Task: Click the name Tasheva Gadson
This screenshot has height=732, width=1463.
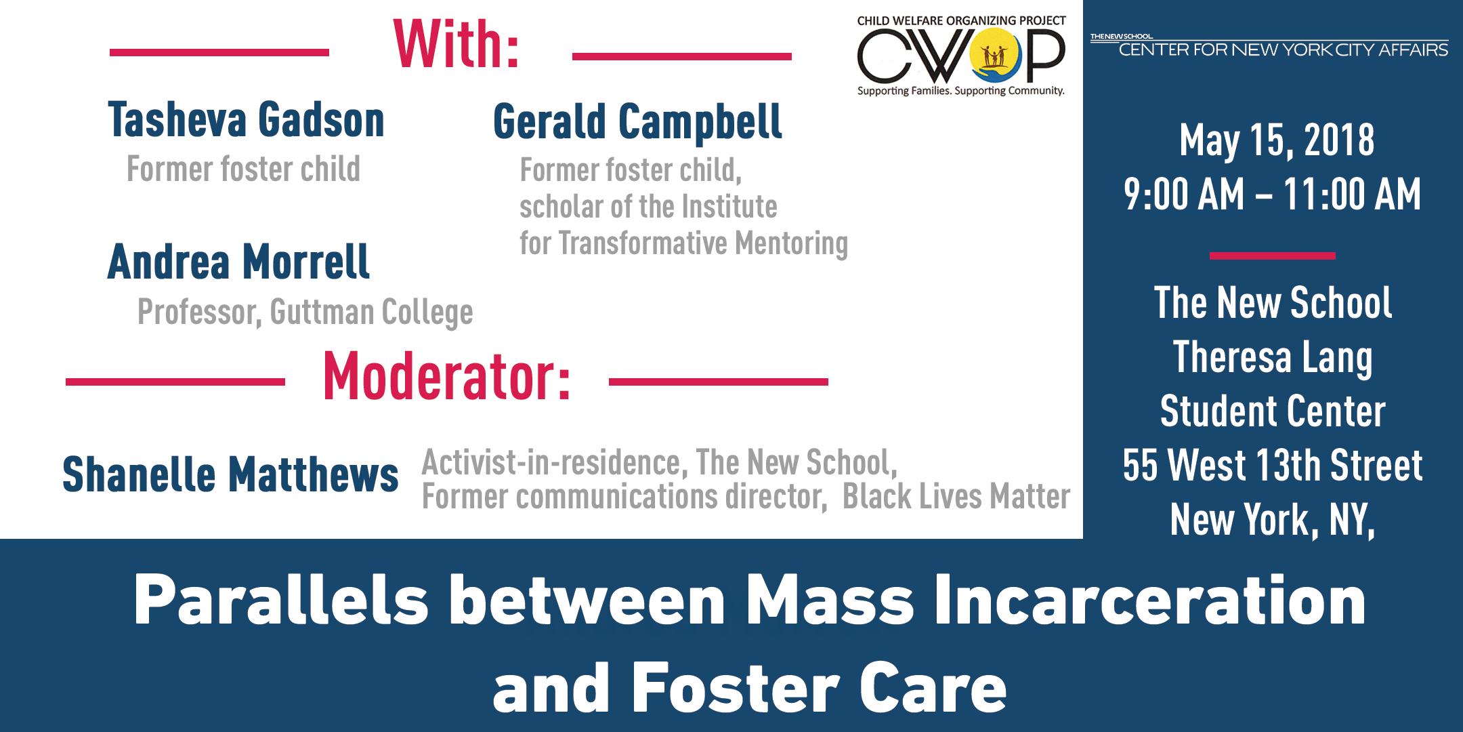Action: [246, 121]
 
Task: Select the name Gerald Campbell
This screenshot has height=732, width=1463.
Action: [637, 123]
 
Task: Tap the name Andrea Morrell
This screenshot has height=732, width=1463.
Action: [238, 262]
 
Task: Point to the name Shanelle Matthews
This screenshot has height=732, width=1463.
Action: [230, 474]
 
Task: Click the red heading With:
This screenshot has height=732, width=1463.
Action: [456, 45]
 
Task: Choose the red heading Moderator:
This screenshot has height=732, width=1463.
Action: [446, 378]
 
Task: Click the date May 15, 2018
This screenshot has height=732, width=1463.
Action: [1277, 140]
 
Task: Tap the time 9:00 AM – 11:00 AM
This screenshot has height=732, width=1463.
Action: [1272, 195]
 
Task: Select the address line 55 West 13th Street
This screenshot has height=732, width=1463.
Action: [1273, 466]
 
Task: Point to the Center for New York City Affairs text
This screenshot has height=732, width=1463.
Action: [1283, 49]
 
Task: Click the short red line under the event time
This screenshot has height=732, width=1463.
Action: [1272, 256]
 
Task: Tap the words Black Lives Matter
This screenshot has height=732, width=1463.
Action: [956, 497]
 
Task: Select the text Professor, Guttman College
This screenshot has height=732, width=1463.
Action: [305, 312]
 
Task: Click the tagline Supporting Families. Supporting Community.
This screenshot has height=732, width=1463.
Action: [960, 91]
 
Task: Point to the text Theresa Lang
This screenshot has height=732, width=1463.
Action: [1273, 357]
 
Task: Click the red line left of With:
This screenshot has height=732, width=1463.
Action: [219, 52]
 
